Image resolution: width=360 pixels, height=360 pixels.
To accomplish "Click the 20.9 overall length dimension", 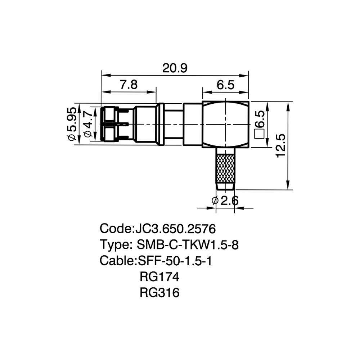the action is click(x=175, y=68).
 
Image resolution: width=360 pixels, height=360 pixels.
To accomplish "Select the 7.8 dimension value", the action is click(x=129, y=85).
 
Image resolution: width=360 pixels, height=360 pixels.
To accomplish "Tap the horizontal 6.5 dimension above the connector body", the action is click(x=225, y=85).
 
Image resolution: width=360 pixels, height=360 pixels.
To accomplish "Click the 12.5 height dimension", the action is click(x=280, y=145).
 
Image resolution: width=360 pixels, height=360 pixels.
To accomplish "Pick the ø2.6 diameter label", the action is click(x=225, y=201).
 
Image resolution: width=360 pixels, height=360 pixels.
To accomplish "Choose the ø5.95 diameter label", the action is click(x=71, y=124).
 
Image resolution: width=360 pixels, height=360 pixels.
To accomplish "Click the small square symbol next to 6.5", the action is click(x=260, y=134).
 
